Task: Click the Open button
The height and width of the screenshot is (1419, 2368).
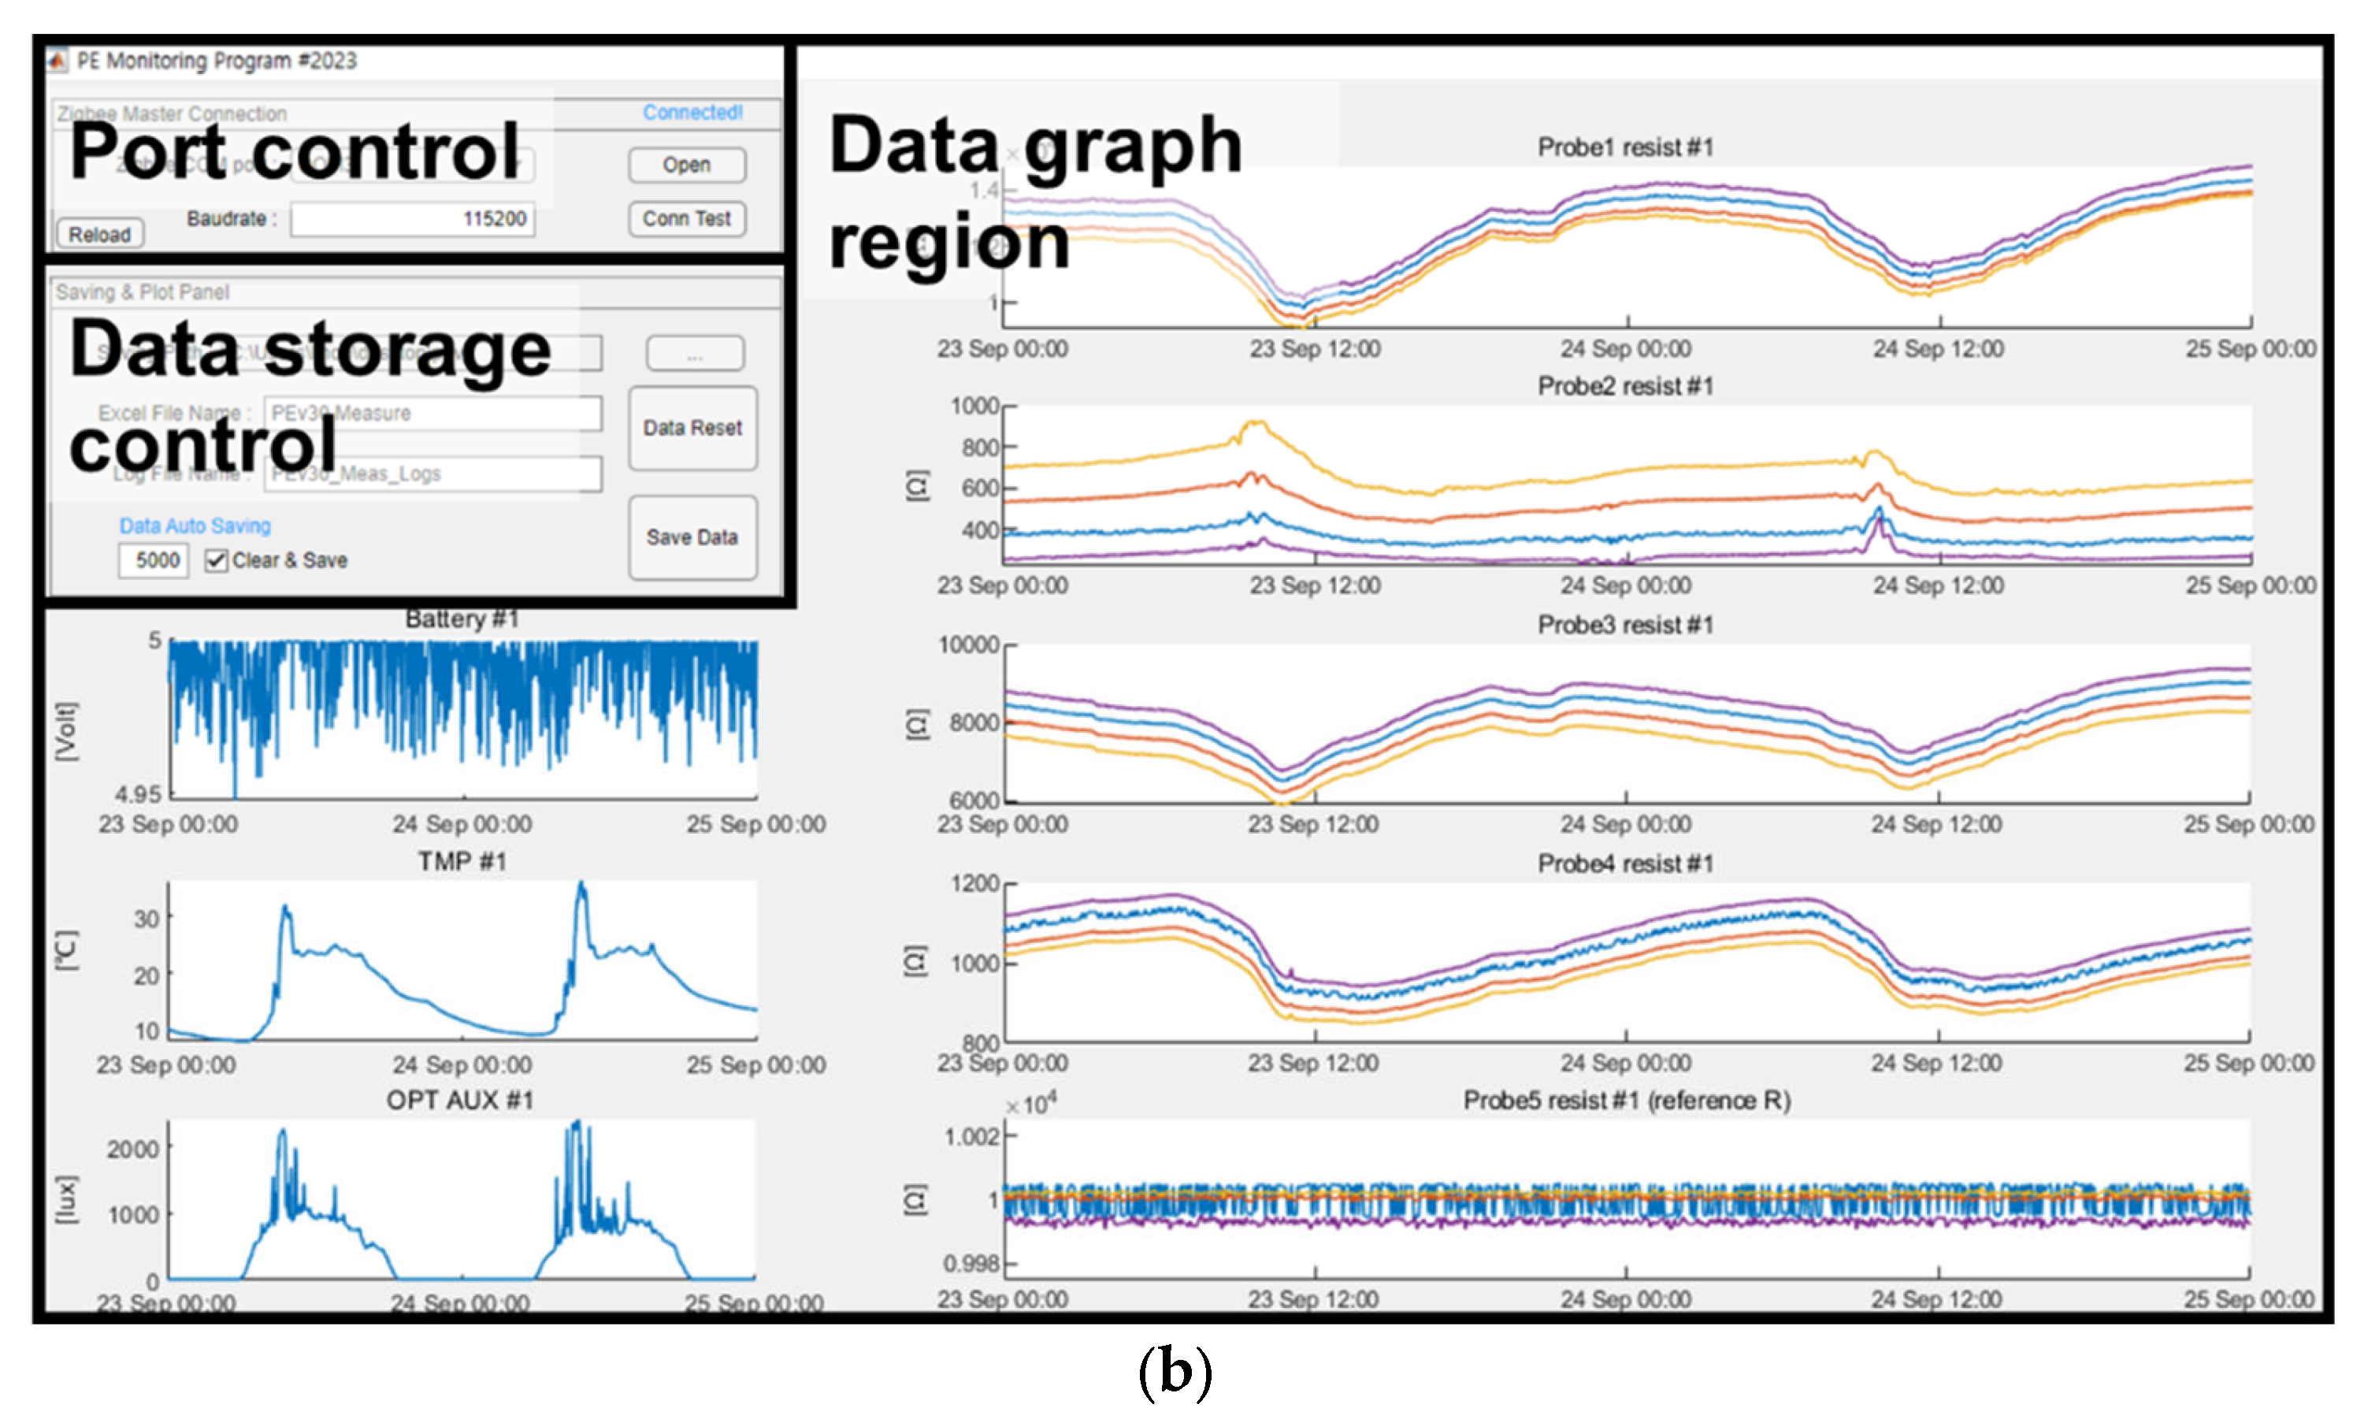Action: click(x=686, y=165)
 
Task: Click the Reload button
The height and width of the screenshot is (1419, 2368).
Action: click(x=99, y=234)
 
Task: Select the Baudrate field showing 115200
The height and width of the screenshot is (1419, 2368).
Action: click(x=413, y=219)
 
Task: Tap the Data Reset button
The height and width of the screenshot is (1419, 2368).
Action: click(x=692, y=427)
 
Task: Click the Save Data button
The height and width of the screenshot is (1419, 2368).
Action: click(x=692, y=537)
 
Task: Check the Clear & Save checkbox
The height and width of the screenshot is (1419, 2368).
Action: click(x=217, y=560)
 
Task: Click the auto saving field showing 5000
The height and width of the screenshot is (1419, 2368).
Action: click(x=154, y=560)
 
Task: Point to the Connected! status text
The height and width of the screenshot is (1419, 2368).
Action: click(x=692, y=112)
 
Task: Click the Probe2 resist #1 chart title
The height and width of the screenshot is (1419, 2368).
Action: click(x=1624, y=386)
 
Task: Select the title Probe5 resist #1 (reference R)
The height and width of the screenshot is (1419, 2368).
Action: click(x=1626, y=1101)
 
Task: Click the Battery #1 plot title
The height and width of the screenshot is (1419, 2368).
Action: click(x=462, y=618)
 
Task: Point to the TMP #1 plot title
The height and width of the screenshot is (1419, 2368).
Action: click(x=462, y=861)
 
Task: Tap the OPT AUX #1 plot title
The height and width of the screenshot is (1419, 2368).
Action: click(x=460, y=1101)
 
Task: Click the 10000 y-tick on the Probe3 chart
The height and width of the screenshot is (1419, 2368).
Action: click(x=967, y=644)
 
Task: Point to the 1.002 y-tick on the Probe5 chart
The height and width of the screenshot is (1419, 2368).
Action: click(x=971, y=1136)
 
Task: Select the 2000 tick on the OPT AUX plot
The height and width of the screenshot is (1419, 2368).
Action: click(x=133, y=1149)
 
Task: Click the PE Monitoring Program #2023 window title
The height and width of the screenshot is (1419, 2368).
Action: click(x=216, y=61)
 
